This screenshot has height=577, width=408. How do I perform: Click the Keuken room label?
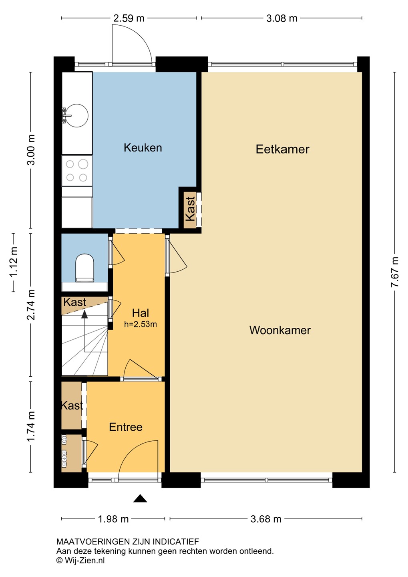click(x=143, y=147)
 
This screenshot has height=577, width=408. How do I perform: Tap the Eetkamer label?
click(x=282, y=149)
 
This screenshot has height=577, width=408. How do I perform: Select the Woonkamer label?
click(x=280, y=330)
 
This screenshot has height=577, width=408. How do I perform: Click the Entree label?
click(x=126, y=427)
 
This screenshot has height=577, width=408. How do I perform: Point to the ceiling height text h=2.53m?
click(x=140, y=324)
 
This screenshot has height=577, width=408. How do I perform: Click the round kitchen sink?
click(x=77, y=115)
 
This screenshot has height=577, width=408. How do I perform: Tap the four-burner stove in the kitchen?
click(x=77, y=171)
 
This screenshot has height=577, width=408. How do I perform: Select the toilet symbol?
click(x=84, y=268)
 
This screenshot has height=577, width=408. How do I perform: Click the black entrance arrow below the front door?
click(x=140, y=498)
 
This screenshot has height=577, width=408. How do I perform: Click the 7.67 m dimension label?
click(x=395, y=272)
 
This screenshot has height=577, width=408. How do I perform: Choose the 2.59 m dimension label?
click(x=129, y=18)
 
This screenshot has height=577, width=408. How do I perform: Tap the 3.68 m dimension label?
click(x=266, y=519)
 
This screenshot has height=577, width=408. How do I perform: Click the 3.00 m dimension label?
click(x=31, y=150)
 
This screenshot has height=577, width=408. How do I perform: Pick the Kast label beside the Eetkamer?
click(x=190, y=209)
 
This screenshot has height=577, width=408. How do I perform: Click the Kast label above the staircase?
click(x=74, y=302)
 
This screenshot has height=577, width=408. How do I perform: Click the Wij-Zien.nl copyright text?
click(x=80, y=560)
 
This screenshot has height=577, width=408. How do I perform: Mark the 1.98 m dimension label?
click(x=113, y=519)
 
